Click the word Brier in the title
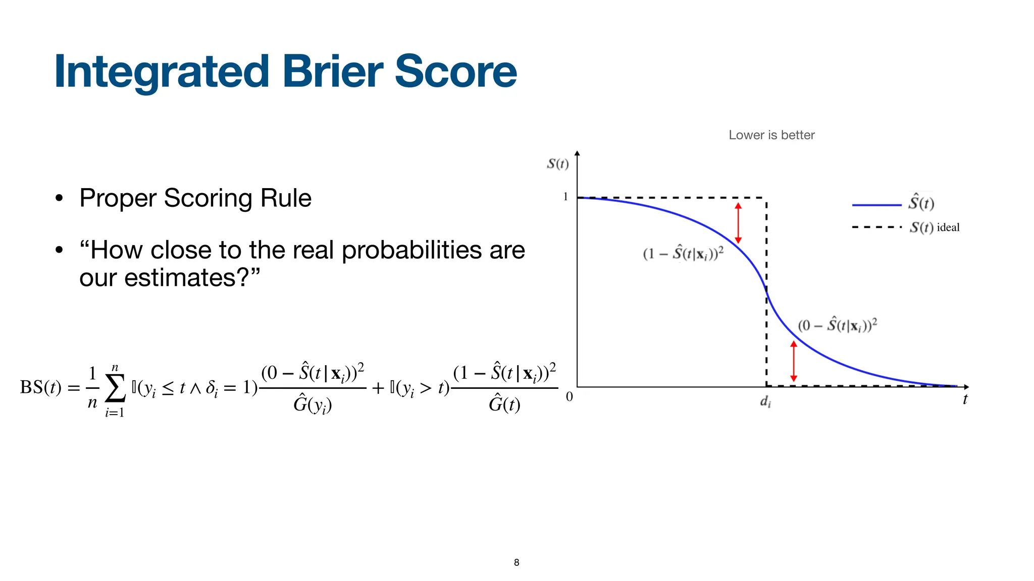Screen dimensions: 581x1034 tap(333, 72)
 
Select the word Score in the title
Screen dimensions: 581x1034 tap(455, 72)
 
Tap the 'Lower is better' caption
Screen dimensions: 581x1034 tap(771, 135)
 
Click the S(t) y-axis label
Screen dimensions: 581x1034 tap(557, 164)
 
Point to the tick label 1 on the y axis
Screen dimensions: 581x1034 tap(565, 197)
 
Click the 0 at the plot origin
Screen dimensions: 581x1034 tap(569, 397)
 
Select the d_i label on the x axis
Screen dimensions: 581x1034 tap(765, 402)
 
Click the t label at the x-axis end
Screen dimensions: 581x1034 tap(965, 399)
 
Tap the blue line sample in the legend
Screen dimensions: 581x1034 tap(876, 205)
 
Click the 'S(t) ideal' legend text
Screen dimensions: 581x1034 tap(934, 227)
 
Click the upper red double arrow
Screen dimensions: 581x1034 tap(738, 223)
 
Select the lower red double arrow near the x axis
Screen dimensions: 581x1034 tap(793, 361)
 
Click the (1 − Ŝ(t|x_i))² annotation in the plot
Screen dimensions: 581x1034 tap(683, 253)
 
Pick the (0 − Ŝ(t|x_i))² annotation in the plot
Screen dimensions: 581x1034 tap(837, 325)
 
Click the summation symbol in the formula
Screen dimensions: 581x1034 tap(115, 389)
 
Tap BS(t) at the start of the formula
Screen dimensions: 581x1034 tap(40, 387)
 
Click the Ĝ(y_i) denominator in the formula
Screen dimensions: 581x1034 tap(313, 404)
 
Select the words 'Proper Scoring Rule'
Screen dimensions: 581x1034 tap(195, 198)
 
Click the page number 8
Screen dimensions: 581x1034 tap(516, 562)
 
